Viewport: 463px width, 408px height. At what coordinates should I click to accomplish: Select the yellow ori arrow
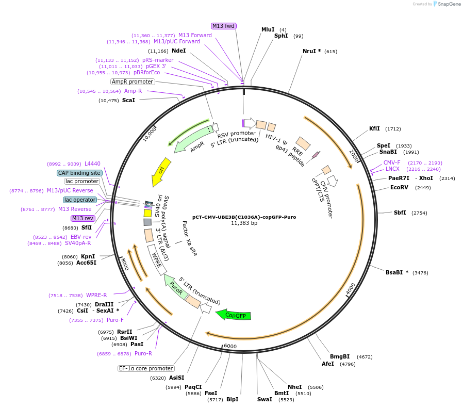point(159,172)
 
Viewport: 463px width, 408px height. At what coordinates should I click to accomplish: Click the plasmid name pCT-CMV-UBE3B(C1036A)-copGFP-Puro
point(244,217)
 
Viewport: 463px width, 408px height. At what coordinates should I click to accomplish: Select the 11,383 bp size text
point(244,223)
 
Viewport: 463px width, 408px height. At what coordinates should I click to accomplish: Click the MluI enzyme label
point(268,29)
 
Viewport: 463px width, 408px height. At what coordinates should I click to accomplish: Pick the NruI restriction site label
point(311,51)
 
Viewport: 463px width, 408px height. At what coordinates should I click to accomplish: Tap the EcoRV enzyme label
point(399,187)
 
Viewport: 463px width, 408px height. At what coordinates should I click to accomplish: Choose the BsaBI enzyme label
point(397,272)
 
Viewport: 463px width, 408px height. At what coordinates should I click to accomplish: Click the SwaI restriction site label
point(264,399)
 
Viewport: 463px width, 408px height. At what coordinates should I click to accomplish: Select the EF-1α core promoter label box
point(146,368)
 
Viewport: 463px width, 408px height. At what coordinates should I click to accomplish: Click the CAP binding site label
point(79,173)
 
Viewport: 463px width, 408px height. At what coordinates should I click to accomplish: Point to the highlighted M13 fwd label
point(223,26)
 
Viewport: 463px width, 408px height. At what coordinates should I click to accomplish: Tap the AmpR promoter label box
point(133,81)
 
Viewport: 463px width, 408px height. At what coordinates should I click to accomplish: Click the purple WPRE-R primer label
point(96,295)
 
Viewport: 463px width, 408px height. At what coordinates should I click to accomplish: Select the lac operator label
point(80,200)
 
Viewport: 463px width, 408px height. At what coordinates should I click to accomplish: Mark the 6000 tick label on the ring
point(230,346)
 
